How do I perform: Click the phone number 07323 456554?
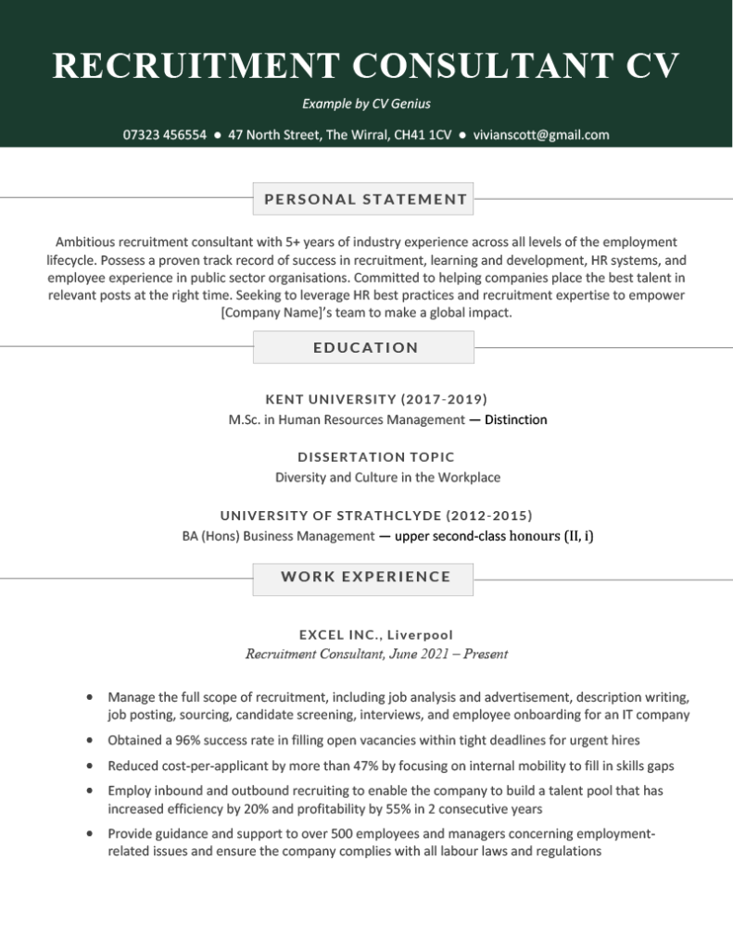[x=164, y=134]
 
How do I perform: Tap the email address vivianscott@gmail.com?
[x=541, y=134]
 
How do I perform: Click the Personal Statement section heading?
[x=365, y=199]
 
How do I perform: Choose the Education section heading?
[x=365, y=348]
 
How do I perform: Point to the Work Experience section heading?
[x=365, y=577]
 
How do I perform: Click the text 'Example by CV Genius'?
[x=366, y=104]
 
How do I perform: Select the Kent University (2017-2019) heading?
[x=375, y=400]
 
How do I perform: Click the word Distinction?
[x=515, y=420]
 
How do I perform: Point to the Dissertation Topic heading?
[x=375, y=457]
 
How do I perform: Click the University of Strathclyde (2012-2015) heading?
[x=375, y=516]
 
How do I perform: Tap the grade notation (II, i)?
[x=576, y=536]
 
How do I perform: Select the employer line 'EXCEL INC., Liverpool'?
[x=375, y=635]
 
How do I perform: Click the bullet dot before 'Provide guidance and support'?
[x=88, y=833]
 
